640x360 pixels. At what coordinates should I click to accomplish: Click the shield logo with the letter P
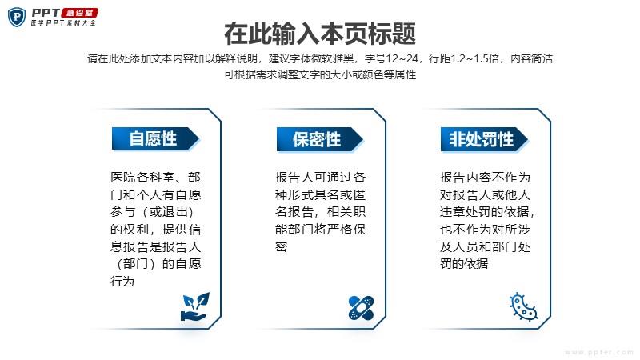pos(17,17)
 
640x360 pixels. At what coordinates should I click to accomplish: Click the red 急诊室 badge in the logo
pos(80,13)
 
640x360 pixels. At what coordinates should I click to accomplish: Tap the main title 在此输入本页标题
pos(320,34)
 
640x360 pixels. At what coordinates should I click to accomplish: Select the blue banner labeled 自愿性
pos(155,138)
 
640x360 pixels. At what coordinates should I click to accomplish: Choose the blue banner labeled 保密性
pos(319,139)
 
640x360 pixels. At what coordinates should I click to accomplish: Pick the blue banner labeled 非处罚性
pos(484,139)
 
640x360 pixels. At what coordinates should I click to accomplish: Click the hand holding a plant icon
pos(195,306)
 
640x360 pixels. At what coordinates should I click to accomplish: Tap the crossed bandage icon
pos(362,307)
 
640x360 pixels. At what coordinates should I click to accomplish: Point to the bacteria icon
pos(523,307)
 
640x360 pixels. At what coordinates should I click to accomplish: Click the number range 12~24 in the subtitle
pos(402,58)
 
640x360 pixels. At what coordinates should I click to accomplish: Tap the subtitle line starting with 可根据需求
pos(320,74)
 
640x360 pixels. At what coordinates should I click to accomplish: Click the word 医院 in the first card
pos(123,177)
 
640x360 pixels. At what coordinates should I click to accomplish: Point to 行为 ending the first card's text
pos(122,282)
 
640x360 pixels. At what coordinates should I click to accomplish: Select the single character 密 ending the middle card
pos(282,246)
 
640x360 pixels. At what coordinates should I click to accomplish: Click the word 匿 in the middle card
pos(359,194)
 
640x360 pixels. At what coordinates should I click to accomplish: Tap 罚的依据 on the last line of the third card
pos(464,264)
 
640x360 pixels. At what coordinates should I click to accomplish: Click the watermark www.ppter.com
pos(598,352)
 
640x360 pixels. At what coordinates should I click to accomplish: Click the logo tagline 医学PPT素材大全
pos(63,23)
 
